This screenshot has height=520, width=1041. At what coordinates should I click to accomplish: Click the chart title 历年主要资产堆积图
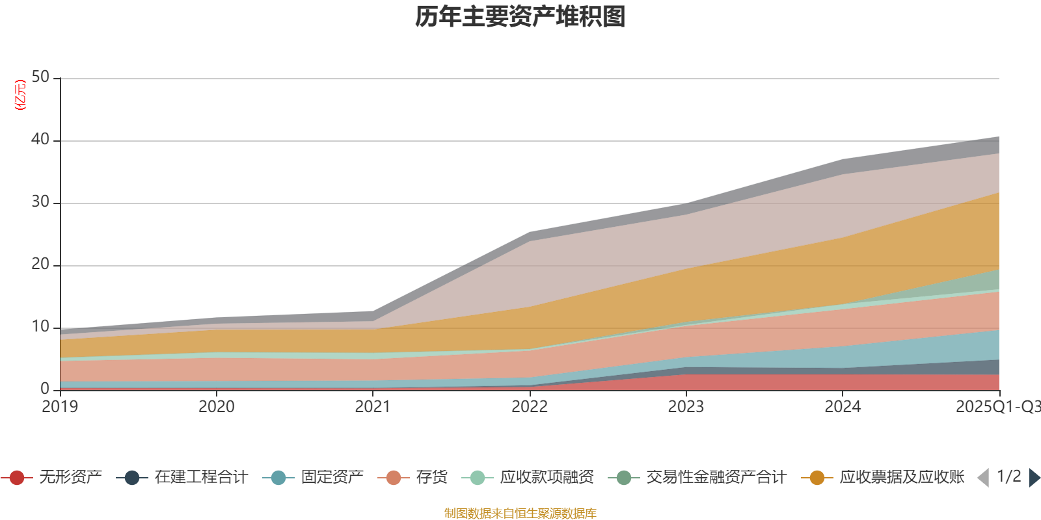[520, 18]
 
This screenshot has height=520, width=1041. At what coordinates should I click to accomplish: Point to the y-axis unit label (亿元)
[20, 95]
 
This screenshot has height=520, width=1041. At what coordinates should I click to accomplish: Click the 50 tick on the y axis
[40, 77]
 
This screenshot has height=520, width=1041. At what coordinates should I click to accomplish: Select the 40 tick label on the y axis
[40, 139]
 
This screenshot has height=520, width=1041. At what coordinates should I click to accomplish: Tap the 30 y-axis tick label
[40, 202]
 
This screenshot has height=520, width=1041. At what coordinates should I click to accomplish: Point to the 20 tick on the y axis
[40, 265]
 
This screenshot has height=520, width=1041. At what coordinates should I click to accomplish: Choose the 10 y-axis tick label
[40, 327]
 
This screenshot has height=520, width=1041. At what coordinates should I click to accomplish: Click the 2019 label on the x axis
[60, 407]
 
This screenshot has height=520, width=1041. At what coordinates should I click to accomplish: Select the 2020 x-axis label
[217, 407]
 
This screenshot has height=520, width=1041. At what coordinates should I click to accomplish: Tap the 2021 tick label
[373, 407]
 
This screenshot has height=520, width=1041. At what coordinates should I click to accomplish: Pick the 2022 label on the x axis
[530, 407]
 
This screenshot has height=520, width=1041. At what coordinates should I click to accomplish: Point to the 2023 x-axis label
[686, 407]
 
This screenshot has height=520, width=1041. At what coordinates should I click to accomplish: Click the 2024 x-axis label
[843, 407]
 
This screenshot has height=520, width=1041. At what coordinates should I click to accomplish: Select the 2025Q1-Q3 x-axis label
[997, 407]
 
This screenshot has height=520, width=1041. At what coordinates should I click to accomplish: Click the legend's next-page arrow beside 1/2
[1034, 478]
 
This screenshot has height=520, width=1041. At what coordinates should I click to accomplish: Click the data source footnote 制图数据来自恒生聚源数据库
[520, 513]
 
